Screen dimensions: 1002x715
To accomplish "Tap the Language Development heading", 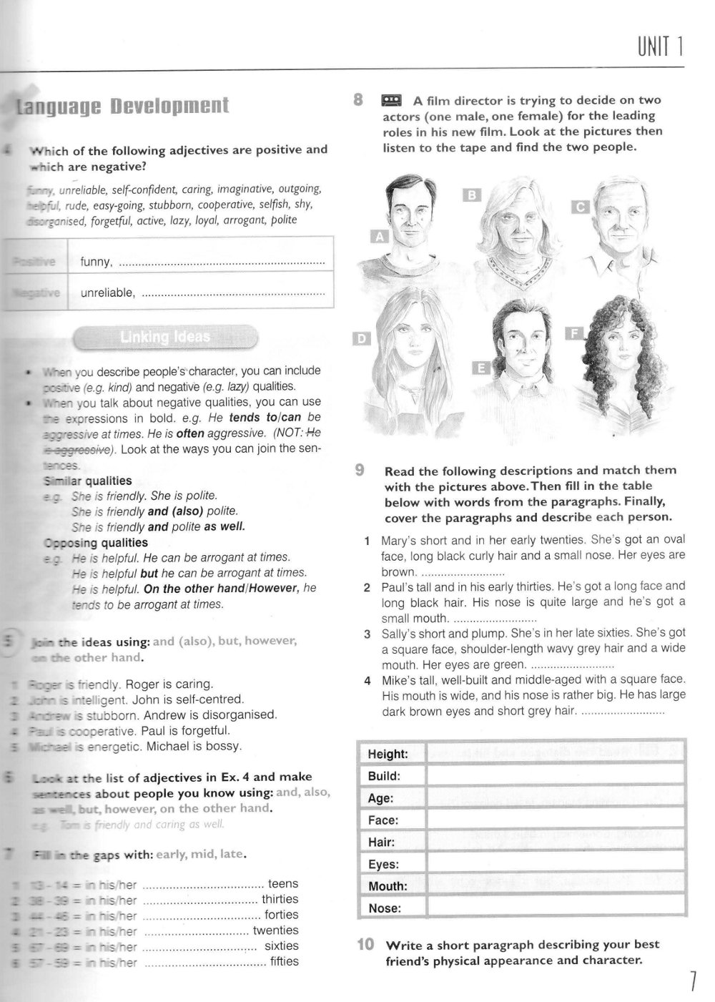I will click(122, 107).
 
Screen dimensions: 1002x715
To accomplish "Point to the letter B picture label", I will click(472, 195).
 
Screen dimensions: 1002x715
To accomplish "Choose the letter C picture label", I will click(581, 207).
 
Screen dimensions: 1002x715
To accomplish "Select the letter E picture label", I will click(482, 368).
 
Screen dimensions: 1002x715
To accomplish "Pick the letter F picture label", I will click(573, 333).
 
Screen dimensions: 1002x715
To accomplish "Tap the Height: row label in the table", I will click(388, 755).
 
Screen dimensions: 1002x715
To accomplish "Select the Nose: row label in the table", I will click(385, 909).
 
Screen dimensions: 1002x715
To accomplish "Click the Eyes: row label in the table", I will click(383, 865).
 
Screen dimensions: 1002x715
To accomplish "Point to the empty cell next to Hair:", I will click(556, 843).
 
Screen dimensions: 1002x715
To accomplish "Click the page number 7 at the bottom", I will click(692, 981).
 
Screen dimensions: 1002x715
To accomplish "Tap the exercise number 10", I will click(365, 945).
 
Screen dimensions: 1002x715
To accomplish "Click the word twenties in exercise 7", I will click(275, 930).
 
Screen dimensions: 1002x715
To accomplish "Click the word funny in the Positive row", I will click(96, 262).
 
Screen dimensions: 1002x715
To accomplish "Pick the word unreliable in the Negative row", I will click(107, 293).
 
